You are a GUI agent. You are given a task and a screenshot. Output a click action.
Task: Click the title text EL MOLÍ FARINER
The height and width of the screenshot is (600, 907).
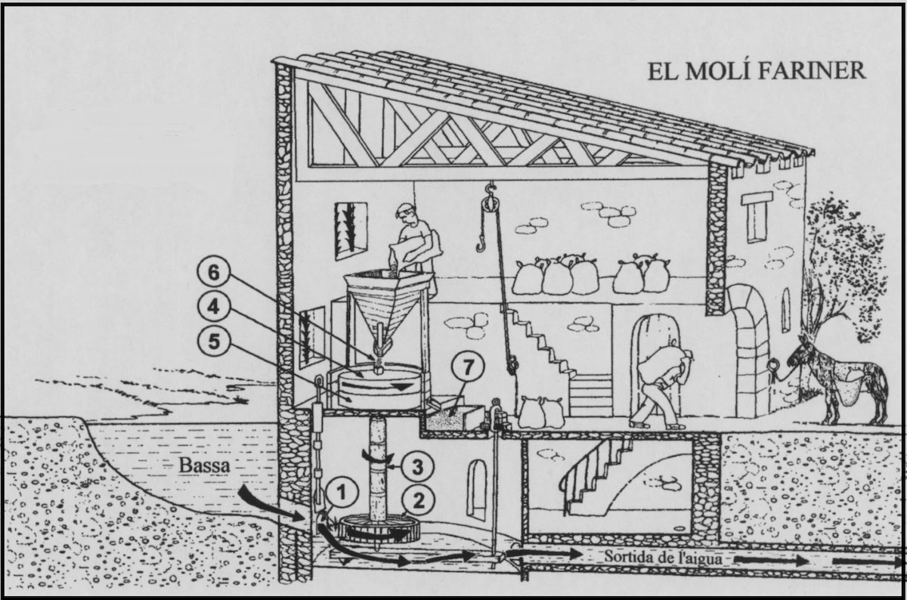pos(757,71)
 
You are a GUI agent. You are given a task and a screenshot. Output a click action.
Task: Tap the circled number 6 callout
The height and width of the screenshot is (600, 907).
pos(213,273)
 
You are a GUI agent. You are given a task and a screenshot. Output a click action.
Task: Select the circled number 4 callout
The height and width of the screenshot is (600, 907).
pos(213,307)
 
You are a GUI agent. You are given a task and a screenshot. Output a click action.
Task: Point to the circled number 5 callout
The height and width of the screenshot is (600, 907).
pos(213,342)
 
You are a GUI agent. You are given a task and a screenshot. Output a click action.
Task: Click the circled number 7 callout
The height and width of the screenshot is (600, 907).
pos(468,368)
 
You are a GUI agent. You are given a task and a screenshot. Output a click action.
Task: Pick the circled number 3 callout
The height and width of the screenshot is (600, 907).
pos(417,467)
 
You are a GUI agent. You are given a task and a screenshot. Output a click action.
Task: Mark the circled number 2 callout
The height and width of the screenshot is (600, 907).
pos(418,500)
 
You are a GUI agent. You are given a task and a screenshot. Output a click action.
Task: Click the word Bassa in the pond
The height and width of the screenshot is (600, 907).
pos(205,465)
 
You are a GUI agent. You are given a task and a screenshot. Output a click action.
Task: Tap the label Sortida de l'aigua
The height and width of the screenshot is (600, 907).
pos(664,558)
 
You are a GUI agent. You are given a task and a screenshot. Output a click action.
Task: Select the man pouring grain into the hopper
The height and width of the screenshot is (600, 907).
pos(417,243)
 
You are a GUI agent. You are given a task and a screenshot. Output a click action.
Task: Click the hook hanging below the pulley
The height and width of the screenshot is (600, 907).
pos(481,243)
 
